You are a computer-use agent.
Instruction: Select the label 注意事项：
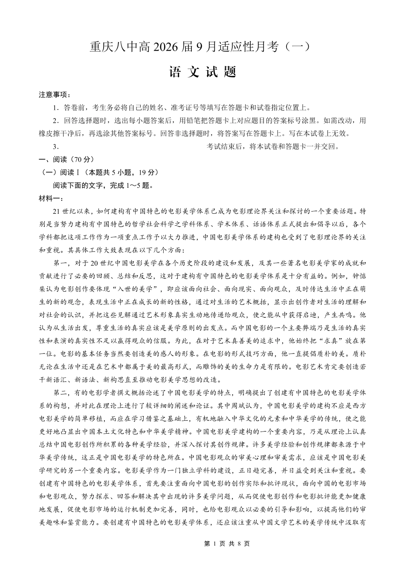[x=55, y=95]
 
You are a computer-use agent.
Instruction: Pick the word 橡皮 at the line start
[x=46, y=134]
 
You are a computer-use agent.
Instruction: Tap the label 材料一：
[x=51, y=198]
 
